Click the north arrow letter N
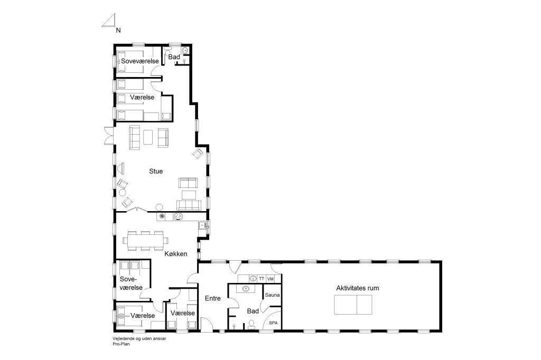tap(118, 30)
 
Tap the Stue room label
tap(156, 171)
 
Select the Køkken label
tap(176, 254)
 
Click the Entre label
tap(212, 298)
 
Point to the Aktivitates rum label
tap(358, 288)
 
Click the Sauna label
tap(272, 295)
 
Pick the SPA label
tap(273, 323)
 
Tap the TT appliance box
tap(262, 279)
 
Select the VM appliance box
tap(270, 279)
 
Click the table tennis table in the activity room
tap(353, 305)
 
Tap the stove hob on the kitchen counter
tap(178, 216)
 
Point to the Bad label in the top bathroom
tap(174, 57)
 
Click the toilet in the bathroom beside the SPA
tap(251, 324)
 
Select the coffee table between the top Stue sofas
tap(148, 137)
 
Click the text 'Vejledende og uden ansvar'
tap(139, 338)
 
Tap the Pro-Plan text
tap(121, 344)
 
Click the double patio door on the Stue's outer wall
tap(109, 136)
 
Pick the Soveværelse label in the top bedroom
tap(139, 61)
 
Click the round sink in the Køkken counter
tap(162, 216)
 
